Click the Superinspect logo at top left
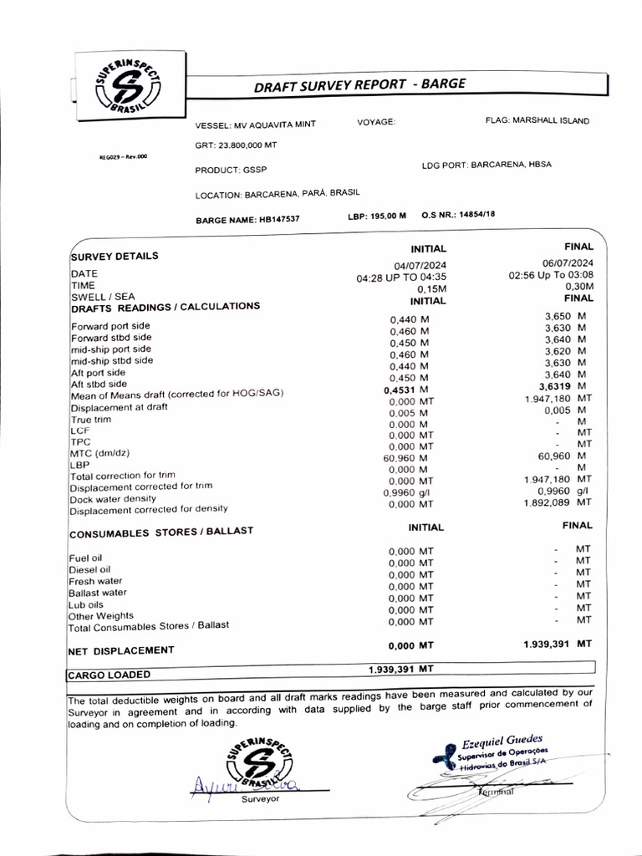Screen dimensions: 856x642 (x=128, y=85)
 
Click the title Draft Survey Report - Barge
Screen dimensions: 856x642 (x=359, y=85)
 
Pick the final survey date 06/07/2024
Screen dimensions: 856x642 (x=568, y=263)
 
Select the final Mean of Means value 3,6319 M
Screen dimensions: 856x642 (x=563, y=386)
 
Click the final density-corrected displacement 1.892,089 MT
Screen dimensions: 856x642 (x=558, y=502)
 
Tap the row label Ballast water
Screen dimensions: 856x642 (x=98, y=592)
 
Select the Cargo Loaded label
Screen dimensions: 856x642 (x=109, y=674)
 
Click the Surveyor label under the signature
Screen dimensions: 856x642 (x=260, y=799)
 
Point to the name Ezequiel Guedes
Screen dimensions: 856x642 (x=502, y=739)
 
